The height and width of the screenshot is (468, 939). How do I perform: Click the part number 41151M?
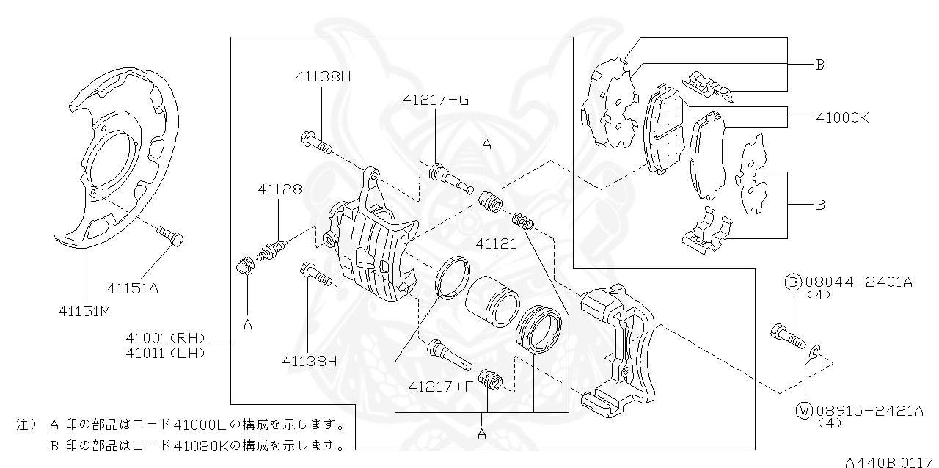84,311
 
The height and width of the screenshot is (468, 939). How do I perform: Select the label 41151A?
132,288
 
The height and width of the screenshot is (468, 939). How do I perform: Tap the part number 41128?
279,189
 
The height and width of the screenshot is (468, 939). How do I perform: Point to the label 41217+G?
435,99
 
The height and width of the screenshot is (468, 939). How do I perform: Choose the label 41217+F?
440,386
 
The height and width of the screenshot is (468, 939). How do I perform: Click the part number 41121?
497,244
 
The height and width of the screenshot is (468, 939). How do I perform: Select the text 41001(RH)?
164,338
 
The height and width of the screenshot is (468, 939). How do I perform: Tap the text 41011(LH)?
164,353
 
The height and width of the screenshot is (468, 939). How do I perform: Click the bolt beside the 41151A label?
169,235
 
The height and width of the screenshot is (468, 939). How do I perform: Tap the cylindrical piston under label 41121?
492,301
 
